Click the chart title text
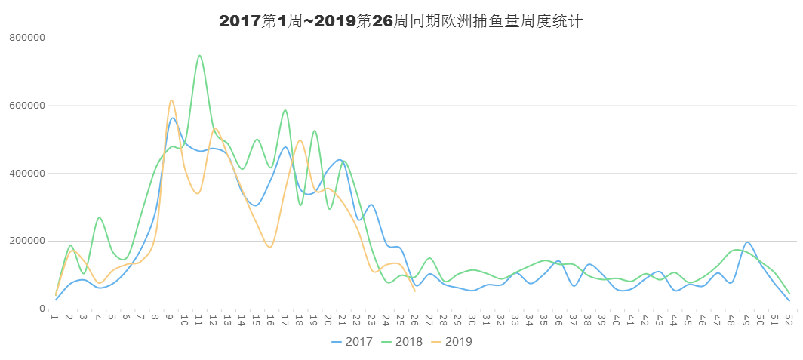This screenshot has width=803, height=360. click(x=401, y=21)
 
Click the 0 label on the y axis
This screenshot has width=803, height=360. click(x=42, y=309)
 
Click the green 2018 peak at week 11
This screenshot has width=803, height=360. click(x=199, y=55)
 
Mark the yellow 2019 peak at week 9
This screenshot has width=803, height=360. click(x=171, y=100)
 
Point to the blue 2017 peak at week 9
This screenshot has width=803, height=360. click(x=173, y=118)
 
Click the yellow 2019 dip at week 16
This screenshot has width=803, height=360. click(x=269, y=247)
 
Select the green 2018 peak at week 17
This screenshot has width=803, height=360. click(x=285, y=110)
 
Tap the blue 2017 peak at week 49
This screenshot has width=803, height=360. click(x=747, y=242)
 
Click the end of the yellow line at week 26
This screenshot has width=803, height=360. click(x=416, y=291)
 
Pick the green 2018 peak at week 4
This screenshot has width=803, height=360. click(x=99, y=217)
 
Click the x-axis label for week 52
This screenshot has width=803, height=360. click(x=789, y=319)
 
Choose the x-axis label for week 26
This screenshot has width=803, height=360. click(x=415, y=319)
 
